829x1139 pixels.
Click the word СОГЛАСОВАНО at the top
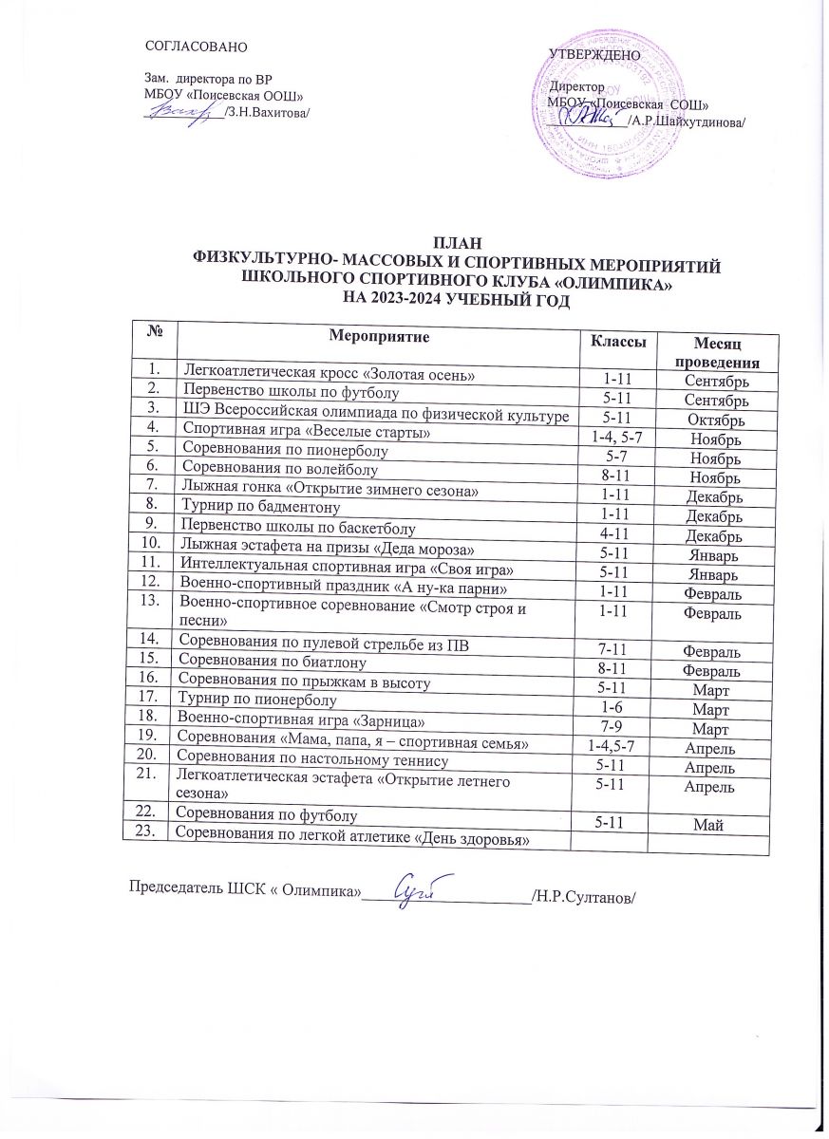coord(195,46)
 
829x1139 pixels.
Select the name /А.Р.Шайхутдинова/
coord(687,121)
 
